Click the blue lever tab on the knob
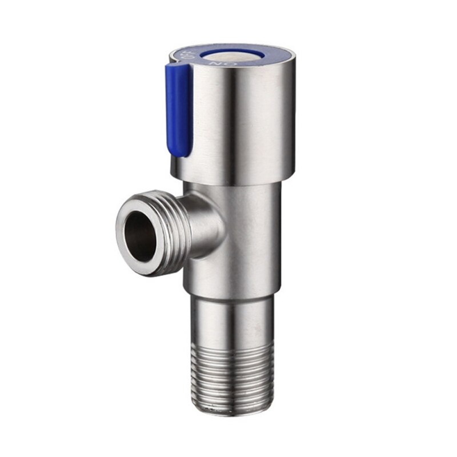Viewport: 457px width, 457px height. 179,109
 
